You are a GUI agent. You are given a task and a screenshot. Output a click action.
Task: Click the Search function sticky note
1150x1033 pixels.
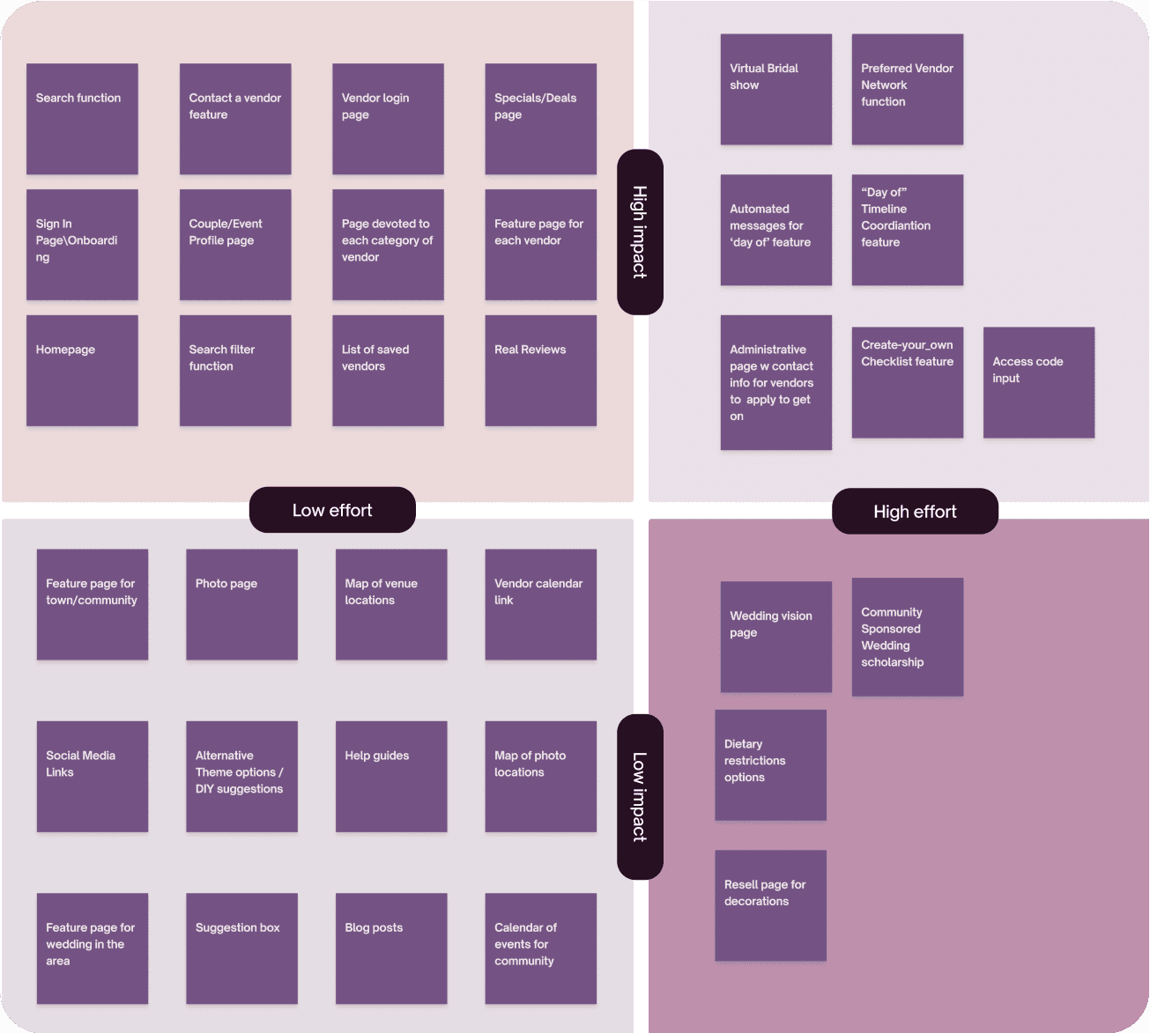tap(82, 119)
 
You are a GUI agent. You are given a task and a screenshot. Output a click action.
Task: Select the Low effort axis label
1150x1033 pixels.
tap(332, 510)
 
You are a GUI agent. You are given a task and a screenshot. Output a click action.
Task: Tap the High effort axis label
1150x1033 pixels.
tap(915, 512)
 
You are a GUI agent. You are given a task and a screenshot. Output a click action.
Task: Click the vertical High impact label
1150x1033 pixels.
tap(640, 232)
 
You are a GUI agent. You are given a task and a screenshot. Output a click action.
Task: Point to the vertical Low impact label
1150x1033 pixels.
tap(640, 797)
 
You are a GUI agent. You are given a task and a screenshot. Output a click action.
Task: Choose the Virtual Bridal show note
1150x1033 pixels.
tap(775, 89)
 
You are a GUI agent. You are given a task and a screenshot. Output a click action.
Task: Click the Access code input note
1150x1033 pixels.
tap(1038, 382)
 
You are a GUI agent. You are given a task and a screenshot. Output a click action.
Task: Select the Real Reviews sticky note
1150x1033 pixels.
tap(540, 370)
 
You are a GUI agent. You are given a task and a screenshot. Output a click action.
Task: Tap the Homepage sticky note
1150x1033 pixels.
tap(82, 370)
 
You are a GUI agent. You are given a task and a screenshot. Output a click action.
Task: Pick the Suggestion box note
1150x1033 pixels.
tap(241, 948)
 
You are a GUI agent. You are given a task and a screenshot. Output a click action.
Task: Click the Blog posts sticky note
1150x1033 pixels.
tap(390, 948)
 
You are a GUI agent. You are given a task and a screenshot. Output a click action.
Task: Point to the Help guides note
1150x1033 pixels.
tap(390, 776)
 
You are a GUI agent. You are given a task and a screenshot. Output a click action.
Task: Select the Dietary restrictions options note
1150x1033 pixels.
tap(770, 764)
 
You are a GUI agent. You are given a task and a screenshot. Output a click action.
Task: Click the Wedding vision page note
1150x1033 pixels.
tap(775, 636)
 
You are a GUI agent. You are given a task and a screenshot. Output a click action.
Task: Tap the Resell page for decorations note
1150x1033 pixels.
tap(770, 904)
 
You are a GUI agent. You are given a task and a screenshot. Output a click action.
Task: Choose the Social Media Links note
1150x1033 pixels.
tap(92, 776)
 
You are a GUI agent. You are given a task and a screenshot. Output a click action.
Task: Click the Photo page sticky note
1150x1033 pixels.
tap(241, 604)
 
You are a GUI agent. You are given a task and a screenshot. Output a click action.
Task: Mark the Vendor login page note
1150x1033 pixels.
tap(388, 119)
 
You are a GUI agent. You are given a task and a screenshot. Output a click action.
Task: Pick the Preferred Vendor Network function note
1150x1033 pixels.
tap(907, 89)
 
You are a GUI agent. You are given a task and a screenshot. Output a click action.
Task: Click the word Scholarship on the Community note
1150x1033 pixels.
tap(893, 662)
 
